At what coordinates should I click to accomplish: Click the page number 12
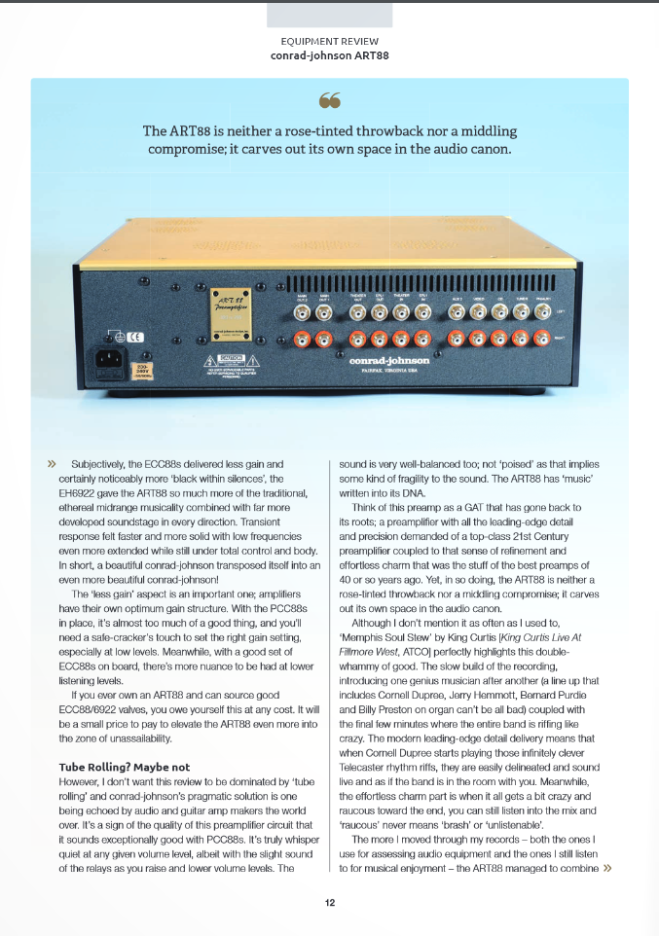click(x=330, y=903)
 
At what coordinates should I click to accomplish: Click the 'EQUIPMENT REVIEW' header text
click(x=329, y=42)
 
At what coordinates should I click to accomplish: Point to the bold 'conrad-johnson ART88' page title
click(x=329, y=55)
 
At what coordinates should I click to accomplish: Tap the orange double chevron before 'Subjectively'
click(x=52, y=465)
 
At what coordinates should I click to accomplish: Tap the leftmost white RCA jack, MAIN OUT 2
click(x=304, y=313)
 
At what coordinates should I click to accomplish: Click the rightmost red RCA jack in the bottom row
click(x=545, y=339)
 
